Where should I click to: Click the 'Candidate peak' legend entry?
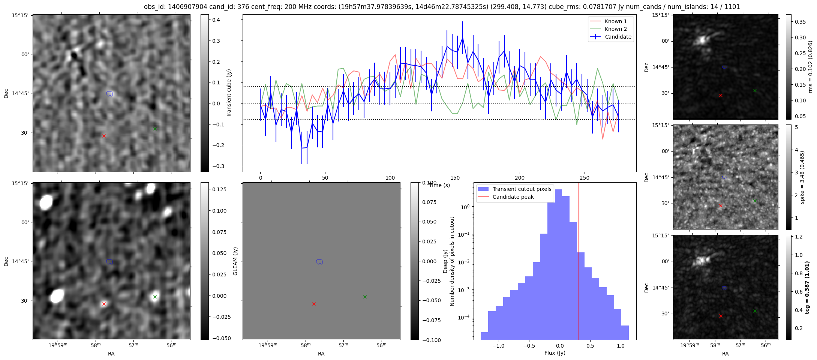point(513,197)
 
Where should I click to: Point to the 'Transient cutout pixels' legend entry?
point(522,189)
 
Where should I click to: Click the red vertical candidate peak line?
point(579,262)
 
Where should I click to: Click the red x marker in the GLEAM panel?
point(314,304)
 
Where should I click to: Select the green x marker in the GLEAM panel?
point(365,297)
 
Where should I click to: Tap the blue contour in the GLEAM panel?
point(319,262)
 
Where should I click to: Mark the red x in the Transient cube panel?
point(104,136)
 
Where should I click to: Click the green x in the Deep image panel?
point(155,297)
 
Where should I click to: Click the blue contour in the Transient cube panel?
point(109,94)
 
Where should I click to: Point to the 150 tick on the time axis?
point(455,177)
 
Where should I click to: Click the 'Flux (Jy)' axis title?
point(555,353)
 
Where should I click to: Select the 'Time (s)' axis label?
point(439,185)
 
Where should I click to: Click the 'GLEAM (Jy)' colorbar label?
point(235,261)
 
